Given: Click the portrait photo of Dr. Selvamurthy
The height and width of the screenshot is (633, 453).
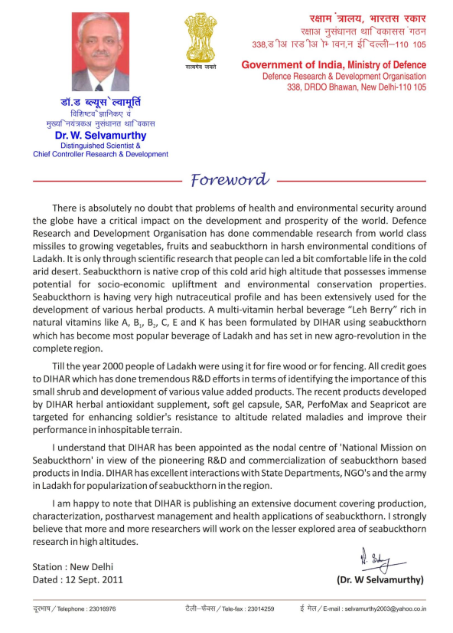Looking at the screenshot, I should tap(101, 52).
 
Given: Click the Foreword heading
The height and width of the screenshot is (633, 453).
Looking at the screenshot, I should tap(230, 180).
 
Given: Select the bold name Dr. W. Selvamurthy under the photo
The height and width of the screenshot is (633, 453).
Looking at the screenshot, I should tap(100, 136).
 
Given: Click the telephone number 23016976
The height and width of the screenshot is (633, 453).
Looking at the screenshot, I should tap(99, 608).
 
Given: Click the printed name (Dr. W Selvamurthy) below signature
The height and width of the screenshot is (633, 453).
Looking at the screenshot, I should tap(380, 579).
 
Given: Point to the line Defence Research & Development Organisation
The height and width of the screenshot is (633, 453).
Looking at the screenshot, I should tap(344, 77).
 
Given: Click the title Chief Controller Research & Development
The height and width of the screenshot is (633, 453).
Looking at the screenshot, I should tap(100, 154).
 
